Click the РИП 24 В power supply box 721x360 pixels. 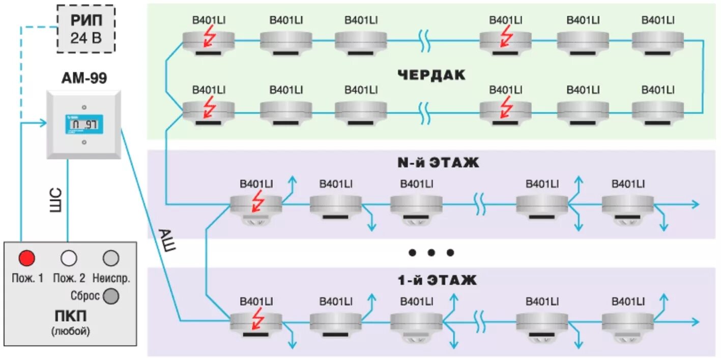pos(85,29)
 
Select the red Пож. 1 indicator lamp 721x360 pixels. pos(27,259)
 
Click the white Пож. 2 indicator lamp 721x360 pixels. pos(68,259)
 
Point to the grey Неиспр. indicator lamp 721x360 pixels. pos(111,259)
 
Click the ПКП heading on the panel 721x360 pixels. pos(70,316)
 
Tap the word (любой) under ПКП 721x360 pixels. pos(70,332)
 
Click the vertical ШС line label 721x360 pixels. pos(56,200)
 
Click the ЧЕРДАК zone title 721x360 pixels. pos(431,75)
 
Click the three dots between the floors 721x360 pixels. pos(431,253)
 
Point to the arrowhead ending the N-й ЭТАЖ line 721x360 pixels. pos(695,204)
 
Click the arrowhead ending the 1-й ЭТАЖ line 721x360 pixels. pos(695,321)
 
